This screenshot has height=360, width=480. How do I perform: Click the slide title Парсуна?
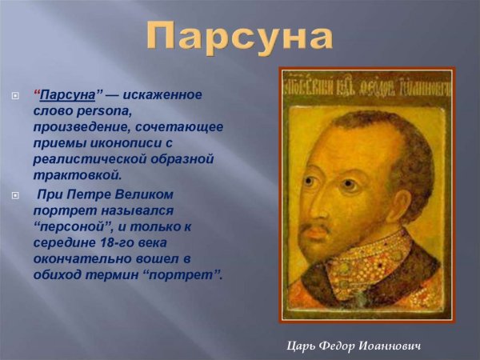[x=240, y=36]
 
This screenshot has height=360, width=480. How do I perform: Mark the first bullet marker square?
[x=14, y=96]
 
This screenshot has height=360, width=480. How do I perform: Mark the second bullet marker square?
[x=14, y=195]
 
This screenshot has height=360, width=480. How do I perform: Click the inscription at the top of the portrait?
[x=366, y=82]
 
